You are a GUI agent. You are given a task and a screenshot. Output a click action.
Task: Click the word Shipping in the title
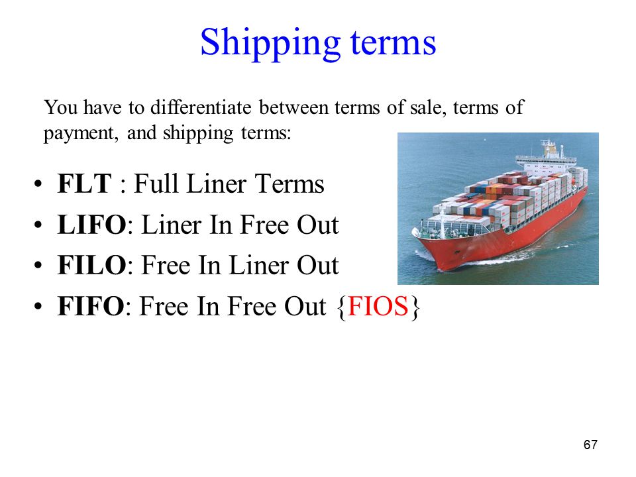[x=270, y=44]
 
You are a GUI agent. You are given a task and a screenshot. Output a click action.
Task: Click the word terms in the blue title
[x=393, y=42]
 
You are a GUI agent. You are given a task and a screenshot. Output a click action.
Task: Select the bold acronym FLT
[x=84, y=184]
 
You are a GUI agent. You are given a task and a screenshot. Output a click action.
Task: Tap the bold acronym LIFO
[x=91, y=225]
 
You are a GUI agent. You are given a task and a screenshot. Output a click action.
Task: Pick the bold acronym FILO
[x=91, y=265]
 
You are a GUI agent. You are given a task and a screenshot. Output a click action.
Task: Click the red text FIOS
[x=378, y=306]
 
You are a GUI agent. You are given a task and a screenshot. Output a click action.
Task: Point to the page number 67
[x=590, y=445]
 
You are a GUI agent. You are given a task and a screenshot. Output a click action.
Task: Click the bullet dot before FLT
[x=38, y=184]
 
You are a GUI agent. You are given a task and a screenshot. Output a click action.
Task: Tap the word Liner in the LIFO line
[x=172, y=225]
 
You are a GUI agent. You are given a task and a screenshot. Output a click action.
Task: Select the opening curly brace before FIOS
[x=342, y=307]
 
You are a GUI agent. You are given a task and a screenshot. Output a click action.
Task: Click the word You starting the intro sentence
[x=61, y=107]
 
